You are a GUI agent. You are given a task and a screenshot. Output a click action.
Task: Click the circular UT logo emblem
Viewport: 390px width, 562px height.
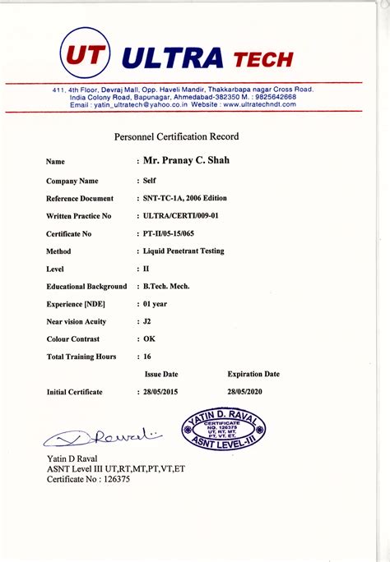coord(86,55)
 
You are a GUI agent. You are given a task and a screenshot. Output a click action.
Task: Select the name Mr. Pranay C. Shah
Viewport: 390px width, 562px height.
coord(186,160)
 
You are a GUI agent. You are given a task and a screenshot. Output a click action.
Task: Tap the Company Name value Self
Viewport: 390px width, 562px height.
coord(150,180)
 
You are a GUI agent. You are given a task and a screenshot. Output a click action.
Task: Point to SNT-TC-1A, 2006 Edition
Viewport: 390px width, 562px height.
coord(184,198)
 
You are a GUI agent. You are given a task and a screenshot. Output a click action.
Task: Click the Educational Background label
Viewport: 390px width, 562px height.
coord(86,287)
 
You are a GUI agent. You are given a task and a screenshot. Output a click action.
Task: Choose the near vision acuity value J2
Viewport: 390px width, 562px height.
coord(148,322)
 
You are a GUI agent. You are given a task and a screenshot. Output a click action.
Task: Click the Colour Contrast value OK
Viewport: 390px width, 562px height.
coord(149,339)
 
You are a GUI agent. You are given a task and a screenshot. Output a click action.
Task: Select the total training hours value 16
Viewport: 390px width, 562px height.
coord(147,357)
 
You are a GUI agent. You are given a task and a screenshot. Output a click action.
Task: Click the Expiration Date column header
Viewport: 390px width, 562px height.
coord(253,375)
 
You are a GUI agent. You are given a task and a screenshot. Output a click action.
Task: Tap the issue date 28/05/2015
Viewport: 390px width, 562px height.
coord(161,393)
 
